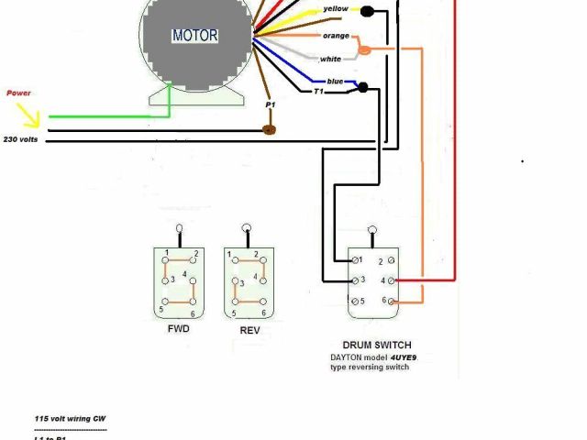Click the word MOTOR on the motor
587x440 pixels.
click(194, 36)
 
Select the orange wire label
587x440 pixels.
click(336, 36)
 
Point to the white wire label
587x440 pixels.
click(331, 60)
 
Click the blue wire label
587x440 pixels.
click(334, 81)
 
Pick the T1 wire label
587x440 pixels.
click(319, 92)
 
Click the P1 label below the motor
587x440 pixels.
click(271, 105)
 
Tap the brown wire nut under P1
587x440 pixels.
click(271, 129)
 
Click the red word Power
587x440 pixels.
click(19, 93)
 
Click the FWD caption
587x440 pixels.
click(178, 328)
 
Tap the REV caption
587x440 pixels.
click(248, 330)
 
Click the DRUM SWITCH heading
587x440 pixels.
click(370, 345)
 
